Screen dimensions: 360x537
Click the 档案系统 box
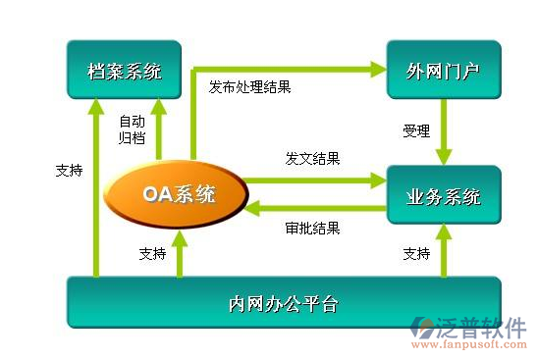click(x=124, y=71)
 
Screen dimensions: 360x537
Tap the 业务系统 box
click(x=443, y=196)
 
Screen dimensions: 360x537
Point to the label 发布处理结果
click(x=249, y=86)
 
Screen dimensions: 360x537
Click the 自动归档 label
click(x=133, y=129)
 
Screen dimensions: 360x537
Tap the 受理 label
click(x=416, y=130)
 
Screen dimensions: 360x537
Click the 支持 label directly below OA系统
click(x=152, y=253)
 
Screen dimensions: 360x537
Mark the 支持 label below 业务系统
click(x=416, y=253)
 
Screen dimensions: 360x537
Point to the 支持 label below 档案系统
click(x=69, y=170)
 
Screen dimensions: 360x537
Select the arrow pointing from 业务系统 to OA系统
click(x=314, y=207)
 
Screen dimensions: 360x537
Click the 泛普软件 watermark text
click(x=482, y=327)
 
